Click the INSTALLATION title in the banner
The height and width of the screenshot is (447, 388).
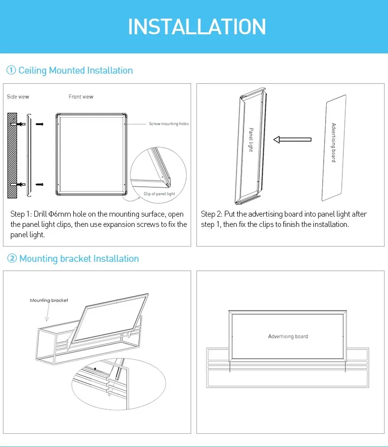[x=196, y=26]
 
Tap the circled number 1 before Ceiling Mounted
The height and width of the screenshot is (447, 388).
[x=11, y=71]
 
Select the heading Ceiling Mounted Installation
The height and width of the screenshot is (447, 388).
[x=76, y=71]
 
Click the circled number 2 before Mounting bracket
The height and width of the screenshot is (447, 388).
[x=12, y=259]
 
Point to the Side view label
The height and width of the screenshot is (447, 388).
[x=18, y=97]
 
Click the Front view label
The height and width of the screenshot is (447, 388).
[x=81, y=97]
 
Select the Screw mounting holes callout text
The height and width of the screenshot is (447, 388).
[x=169, y=124]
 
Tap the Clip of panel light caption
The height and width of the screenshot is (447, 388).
[x=159, y=194]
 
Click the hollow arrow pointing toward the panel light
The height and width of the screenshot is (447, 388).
[x=292, y=140]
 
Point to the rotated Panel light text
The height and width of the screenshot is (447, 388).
[x=250, y=140]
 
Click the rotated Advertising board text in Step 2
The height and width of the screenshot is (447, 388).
[x=333, y=143]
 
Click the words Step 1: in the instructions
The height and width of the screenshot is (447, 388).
[x=21, y=214]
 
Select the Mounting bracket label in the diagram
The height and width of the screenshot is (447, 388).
[x=49, y=300]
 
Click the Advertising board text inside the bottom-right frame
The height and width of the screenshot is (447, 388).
[x=288, y=336]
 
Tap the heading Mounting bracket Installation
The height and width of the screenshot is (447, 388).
[x=79, y=259]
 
